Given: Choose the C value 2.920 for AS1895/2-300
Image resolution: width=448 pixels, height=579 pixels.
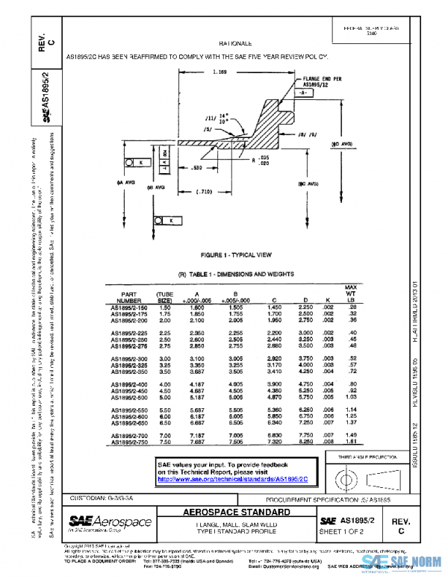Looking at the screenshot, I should [x=275, y=359].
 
